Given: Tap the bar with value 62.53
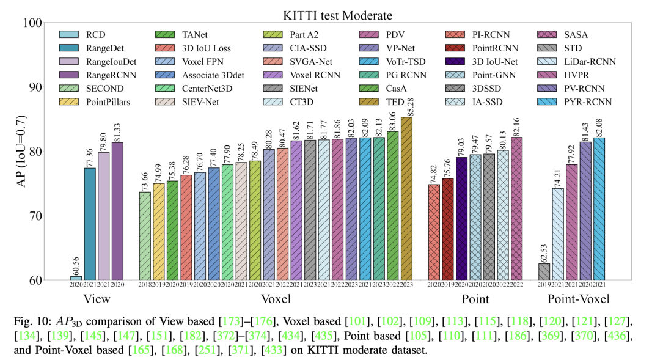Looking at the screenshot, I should click(x=544, y=271).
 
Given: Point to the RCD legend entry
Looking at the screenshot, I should click(x=90, y=34).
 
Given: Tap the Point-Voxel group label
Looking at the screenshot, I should click(x=577, y=299).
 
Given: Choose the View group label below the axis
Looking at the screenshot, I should click(x=97, y=299).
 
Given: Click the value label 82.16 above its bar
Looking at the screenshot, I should click(x=516, y=126).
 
